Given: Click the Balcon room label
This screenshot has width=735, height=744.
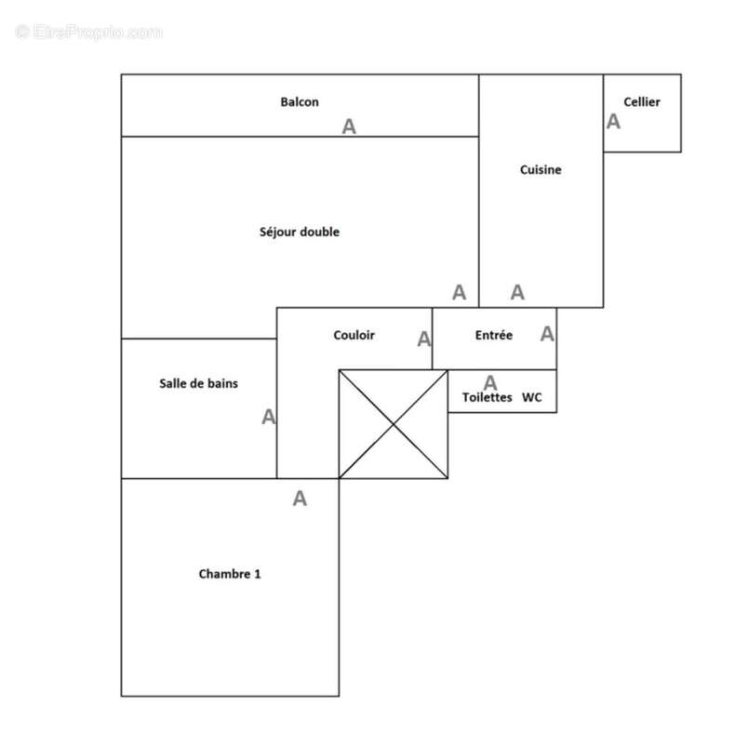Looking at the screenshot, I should [x=300, y=101].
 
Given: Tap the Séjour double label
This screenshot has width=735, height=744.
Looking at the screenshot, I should [x=299, y=232].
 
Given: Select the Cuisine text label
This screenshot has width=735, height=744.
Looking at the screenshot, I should [x=541, y=169].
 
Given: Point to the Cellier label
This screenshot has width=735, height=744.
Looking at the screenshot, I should [x=642, y=102].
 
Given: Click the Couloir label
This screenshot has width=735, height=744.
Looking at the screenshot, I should [x=354, y=335].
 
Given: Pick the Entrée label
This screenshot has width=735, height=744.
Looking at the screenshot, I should [x=493, y=335].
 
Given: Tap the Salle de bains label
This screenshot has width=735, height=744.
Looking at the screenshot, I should [x=198, y=383].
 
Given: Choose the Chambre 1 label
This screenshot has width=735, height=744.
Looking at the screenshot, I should [x=230, y=574].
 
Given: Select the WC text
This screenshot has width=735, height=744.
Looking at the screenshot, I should [x=532, y=397].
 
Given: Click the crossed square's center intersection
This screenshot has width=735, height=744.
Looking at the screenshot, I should [x=394, y=424].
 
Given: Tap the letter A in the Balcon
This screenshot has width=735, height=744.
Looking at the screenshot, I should [x=349, y=126].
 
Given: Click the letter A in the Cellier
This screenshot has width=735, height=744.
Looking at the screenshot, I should [x=614, y=121].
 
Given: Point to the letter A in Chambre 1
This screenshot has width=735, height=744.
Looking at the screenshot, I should [x=300, y=498].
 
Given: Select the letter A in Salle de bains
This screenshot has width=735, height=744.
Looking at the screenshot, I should [x=269, y=418].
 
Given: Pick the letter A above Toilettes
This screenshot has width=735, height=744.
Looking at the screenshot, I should [x=490, y=382].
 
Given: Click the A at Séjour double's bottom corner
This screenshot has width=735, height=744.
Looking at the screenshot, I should [x=459, y=292].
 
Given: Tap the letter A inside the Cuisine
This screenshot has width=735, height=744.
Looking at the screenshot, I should [x=517, y=292].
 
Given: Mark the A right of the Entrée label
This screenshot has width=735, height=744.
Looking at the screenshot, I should [x=547, y=333].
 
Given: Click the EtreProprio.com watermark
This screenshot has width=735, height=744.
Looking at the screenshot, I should [x=89, y=33].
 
